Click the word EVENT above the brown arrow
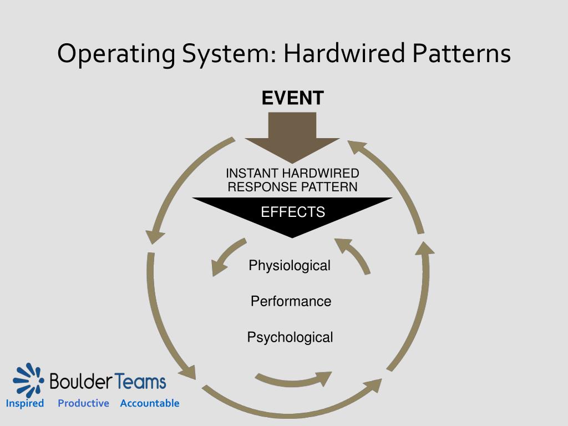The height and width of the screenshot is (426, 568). tap(292, 98)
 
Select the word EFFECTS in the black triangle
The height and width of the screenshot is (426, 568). tap(293, 212)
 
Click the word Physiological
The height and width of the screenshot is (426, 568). tap(290, 266)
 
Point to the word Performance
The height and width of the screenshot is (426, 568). tap(291, 301)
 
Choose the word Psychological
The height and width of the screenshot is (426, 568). tap(290, 337)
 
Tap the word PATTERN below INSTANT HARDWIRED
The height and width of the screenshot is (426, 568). tap(329, 187)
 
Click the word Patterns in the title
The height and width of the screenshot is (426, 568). tap(461, 54)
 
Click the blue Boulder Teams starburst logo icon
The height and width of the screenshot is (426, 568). tap(28, 380)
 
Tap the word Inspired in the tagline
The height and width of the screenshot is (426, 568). tap(25, 403)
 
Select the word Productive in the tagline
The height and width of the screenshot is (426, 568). tap(83, 403)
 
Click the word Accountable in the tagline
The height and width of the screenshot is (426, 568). tap(150, 403)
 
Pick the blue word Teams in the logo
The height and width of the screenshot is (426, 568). tap(141, 382)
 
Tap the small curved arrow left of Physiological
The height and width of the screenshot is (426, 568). tap(226, 256)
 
